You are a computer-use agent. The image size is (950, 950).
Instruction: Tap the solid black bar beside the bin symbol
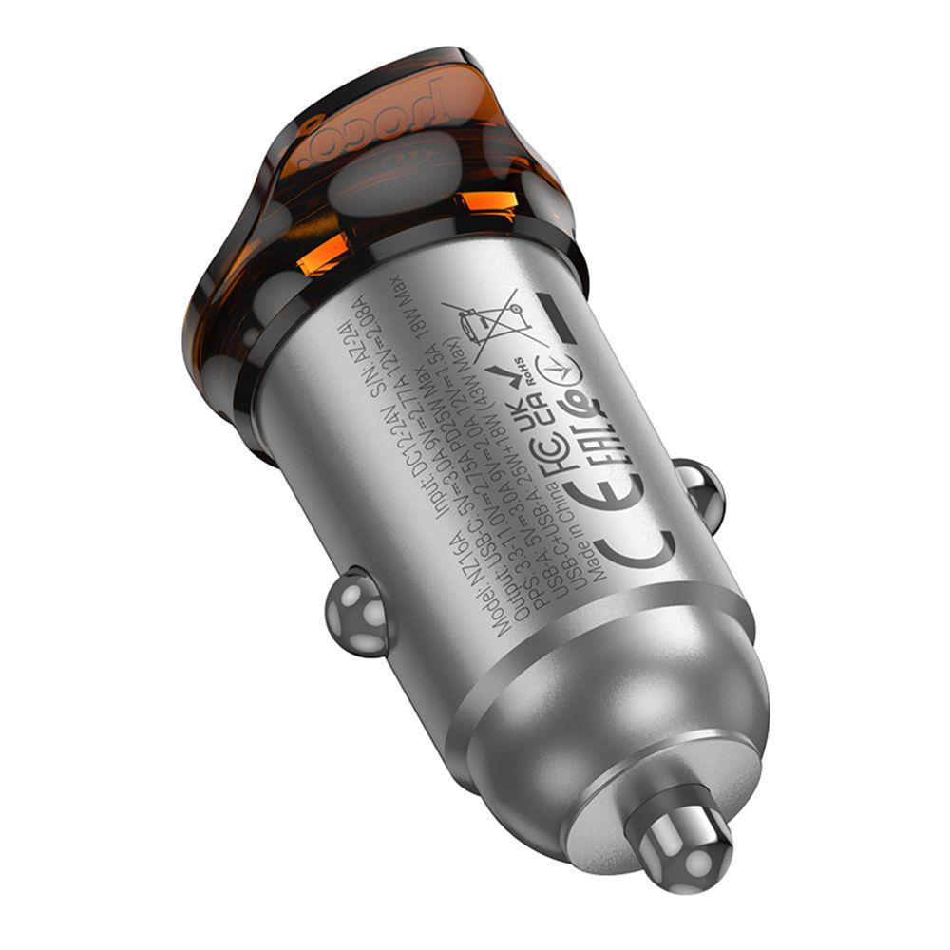pyautogui.click(x=557, y=318)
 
